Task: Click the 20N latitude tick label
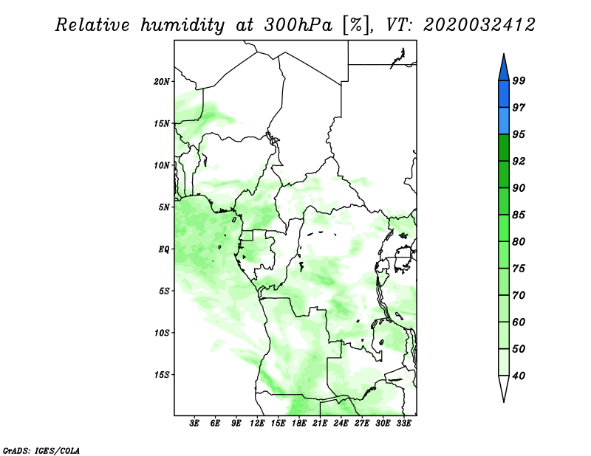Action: tap(162, 82)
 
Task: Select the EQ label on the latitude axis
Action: tap(163, 249)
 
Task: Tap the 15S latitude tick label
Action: tap(162, 375)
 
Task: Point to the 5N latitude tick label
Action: tap(164, 207)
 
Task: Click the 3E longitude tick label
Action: tap(194, 423)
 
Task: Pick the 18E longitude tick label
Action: tap(299, 423)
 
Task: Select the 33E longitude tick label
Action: tap(403, 423)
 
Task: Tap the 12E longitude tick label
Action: tap(257, 423)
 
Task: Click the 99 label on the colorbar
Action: tap(519, 80)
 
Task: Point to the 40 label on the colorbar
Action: tap(519, 376)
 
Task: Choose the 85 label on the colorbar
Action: tap(519, 215)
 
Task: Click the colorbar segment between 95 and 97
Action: tap(504, 121)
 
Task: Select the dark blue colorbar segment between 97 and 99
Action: tap(504, 94)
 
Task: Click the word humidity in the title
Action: tap(182, 25)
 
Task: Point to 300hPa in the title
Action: tap(298, 25)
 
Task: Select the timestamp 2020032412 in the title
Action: tap(479, 25)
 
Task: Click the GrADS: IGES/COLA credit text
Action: tap(41, 450)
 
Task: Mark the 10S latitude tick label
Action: tap(162, 333)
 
